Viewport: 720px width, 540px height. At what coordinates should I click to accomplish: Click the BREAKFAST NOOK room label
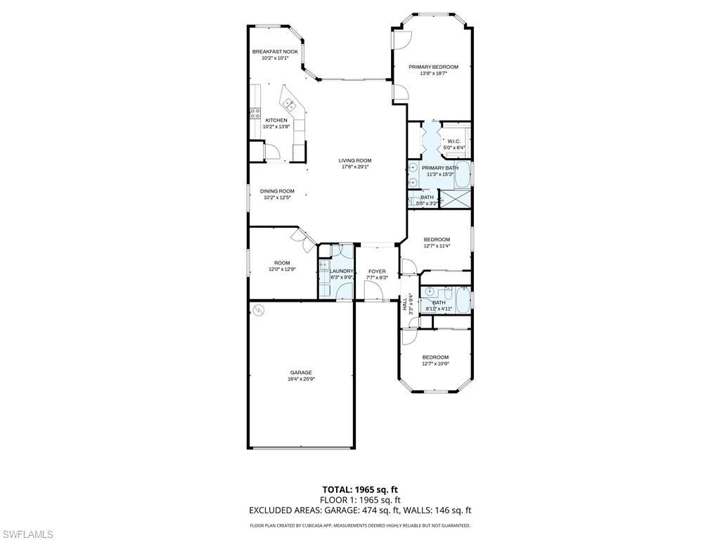click(x=275, y=52)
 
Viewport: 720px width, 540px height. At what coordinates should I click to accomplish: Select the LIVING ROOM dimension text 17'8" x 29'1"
click(x=354, y=167)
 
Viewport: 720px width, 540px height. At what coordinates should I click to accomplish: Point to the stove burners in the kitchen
click(x=254, y=113)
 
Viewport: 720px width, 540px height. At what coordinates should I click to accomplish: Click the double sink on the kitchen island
click(x=289, y=105)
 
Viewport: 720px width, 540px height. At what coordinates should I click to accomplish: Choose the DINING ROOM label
click(x=277, y=191)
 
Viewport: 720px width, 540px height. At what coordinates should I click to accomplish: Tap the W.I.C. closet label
click(x=454, y=141)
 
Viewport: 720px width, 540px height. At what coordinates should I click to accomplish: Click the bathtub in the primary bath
click(x=462, y=174)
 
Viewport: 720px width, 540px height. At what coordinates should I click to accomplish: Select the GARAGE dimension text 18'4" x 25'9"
click(x=301, y=379)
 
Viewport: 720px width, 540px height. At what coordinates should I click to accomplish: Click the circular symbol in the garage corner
click(x=258, y=309)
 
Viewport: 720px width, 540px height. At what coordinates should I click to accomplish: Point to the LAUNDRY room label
click(x=342, y=271)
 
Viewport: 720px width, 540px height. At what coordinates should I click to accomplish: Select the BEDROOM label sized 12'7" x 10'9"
click(x=435, y=357)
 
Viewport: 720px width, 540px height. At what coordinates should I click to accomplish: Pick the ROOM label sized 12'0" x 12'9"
click(x=282, y=263)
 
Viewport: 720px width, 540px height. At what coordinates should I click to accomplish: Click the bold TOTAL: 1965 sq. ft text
click(x=360, y=489)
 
